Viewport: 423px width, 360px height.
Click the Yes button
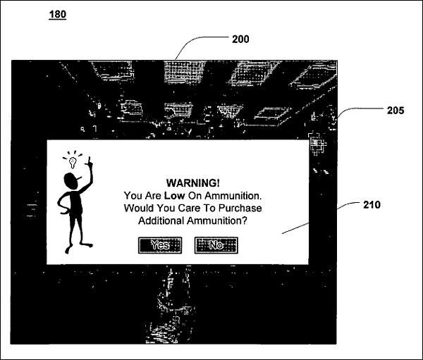160,245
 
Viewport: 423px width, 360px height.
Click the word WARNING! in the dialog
193,183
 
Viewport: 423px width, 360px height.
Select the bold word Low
175,196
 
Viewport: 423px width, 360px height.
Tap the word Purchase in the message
240,208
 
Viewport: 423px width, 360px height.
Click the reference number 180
58,14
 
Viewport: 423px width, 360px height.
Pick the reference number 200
240,39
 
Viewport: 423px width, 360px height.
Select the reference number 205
396,111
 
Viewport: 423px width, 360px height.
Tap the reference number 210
372,205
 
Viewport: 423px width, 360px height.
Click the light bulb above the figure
73,162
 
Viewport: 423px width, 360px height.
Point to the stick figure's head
70,181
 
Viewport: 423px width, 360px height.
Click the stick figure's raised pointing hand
89,161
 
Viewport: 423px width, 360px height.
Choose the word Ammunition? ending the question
217,221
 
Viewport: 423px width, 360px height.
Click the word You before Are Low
133,196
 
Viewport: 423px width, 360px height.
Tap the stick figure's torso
76,204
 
